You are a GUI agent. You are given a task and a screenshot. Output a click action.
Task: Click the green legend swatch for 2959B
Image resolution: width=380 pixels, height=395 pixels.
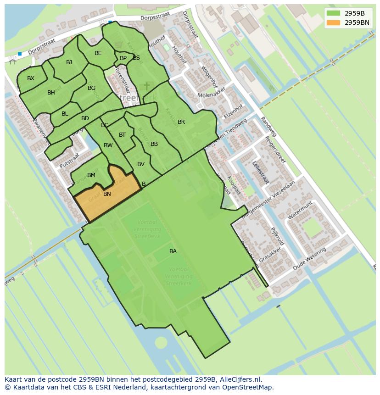(x=334, y=13)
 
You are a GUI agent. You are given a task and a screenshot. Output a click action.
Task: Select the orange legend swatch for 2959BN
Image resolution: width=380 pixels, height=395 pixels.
(x=334, y=22)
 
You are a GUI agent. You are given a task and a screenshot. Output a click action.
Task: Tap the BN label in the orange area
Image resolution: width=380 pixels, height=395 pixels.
(x=107, y=194)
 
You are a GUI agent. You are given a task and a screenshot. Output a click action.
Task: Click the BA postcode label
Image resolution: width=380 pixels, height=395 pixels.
(x=173, y=251)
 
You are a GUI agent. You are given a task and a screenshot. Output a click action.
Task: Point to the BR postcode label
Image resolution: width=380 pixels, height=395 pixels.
(x=181, y=122)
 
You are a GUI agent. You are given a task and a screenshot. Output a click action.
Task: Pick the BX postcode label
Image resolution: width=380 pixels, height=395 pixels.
(x=31, y=78)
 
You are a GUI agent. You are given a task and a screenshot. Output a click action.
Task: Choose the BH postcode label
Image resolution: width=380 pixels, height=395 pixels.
(x=51, y=93)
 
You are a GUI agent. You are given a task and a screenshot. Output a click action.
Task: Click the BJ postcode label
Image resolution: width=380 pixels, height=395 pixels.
(x=69, y=62)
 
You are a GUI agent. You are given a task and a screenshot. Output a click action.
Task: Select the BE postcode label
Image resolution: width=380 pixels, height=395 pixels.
(x=98, y=53)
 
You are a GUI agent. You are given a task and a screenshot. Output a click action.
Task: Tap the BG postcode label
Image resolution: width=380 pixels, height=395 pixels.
(x=91, y=88)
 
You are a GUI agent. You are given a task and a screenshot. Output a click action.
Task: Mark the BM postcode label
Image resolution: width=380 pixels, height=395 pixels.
(x=91, y=175)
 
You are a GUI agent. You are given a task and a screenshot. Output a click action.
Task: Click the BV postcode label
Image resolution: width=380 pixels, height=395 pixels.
(x=141, y=164)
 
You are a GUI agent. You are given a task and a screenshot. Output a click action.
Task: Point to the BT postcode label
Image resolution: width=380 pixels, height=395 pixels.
(x=122, y=135)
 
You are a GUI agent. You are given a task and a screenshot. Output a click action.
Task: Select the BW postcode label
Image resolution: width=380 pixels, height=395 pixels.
(x=108, y=145)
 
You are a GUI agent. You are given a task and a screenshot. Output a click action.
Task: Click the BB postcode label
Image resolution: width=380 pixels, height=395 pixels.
(x=154, y=144)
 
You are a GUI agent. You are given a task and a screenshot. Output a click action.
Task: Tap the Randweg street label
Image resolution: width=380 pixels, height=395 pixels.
(x=269, y=126)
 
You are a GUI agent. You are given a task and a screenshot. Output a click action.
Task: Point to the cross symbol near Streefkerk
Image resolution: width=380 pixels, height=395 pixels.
(x=147, y=86)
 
